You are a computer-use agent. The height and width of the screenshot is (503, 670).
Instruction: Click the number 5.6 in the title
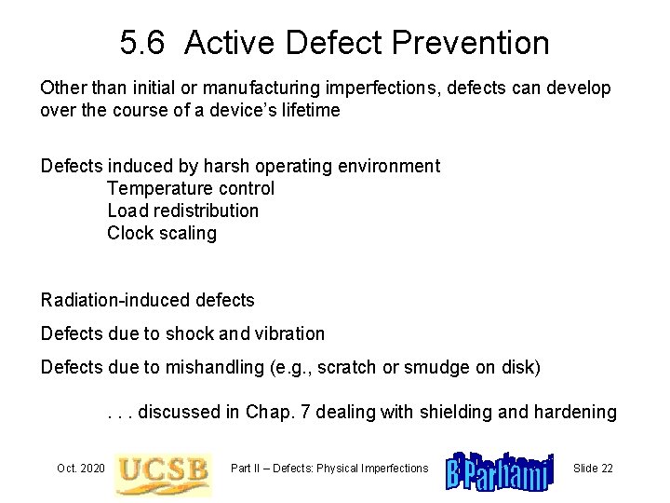[x=142, y=43]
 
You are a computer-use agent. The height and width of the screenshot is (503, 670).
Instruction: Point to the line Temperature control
[x=191, y=188]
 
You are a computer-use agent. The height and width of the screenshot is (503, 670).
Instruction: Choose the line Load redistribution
[x=183, y=211]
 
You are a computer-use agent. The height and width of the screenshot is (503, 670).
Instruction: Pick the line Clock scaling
[x=162, y=233]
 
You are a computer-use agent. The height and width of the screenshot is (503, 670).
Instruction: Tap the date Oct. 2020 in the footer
[x=79, y=468]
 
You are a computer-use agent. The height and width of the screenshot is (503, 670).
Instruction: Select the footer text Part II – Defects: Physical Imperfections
[x=329, y=468]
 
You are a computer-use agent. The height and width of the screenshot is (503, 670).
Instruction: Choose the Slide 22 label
[x=593, y=468]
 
